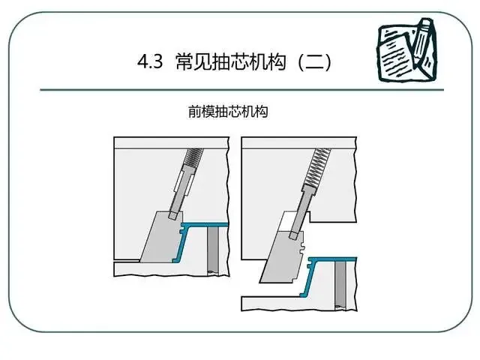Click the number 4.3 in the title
(x=150, y=61)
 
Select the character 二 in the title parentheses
(x=315, y=61)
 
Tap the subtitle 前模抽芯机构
(x=228, y=112)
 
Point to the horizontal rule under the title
(x=241, y=90)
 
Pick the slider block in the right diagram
(x=283, y=258)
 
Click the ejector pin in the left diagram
(x=213, y=250)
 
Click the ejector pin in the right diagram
(x=340, y=285)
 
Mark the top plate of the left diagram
(x=172, y=143)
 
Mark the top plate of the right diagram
(x=299, y=143)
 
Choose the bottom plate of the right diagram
(x=298, y=304)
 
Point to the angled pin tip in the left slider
(x=173, y=215)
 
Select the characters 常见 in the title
(x=195, y=61)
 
